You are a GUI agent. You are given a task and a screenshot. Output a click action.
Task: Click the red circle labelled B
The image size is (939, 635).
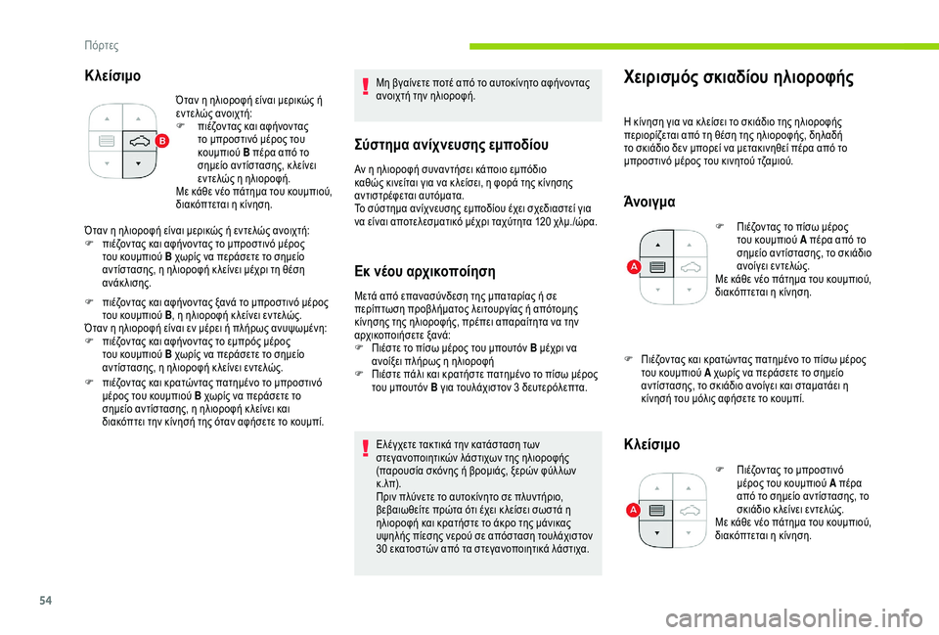[x=162, y=141]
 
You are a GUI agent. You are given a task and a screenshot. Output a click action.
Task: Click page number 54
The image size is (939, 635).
[x=46, y=600]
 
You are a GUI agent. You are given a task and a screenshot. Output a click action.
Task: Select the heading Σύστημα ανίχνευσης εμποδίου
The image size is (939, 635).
[x=452, y=145]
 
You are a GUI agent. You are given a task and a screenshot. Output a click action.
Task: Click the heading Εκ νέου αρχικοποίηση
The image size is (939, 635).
[x=425, y=271]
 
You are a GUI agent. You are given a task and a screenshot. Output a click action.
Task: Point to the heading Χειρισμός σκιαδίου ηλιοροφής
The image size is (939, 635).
[x=738, y=77]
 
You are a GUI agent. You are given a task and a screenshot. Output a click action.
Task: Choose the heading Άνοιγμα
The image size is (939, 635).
[x=649, y=202]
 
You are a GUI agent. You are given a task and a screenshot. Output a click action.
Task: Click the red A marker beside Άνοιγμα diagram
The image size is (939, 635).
[x=634, y=267]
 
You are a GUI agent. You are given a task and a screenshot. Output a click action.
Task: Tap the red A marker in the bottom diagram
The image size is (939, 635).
[x=633, y=511]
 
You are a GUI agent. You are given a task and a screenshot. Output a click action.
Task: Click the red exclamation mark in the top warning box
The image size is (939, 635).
[x=364, y=87]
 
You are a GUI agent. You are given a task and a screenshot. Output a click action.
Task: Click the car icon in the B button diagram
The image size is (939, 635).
[x=139, y=141]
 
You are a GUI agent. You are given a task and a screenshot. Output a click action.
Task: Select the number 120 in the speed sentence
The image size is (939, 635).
[x=543, y=222]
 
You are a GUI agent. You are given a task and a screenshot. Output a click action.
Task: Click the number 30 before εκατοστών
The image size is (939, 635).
[x=381, y=549]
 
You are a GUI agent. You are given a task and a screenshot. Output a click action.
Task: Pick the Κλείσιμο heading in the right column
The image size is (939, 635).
[x=651, y=444]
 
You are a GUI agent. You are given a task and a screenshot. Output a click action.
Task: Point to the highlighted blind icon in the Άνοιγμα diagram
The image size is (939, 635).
[x=657, y=268]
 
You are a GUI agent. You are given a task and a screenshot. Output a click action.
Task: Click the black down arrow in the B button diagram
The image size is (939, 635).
[x=138, y=163]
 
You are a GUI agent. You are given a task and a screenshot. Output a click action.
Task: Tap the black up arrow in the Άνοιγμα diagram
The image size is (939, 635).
[x=657, y=245]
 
